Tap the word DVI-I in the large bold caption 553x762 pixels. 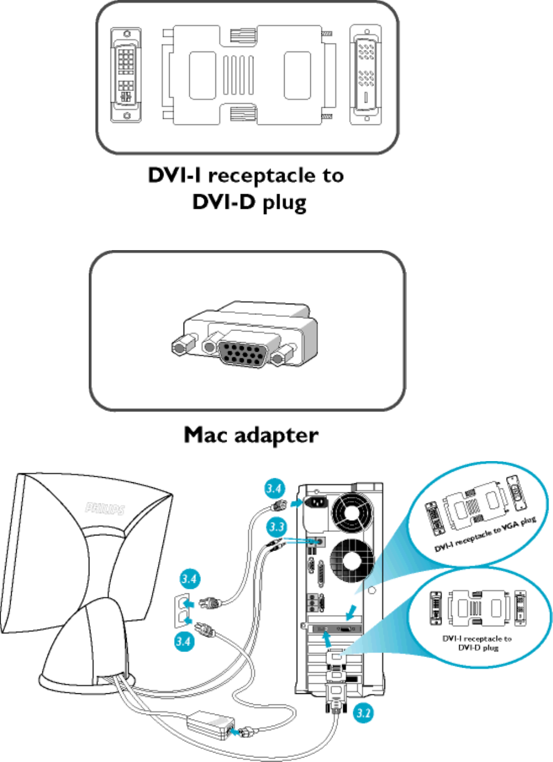pos(174,175)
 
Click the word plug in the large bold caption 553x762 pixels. pos(284,202)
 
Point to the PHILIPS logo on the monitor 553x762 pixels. pos(105,508)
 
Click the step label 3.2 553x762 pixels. pos(363,713)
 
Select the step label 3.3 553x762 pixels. pos(276,526)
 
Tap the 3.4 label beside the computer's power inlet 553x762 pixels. pos(274,489)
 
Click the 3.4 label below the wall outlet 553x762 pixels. pos(183,641)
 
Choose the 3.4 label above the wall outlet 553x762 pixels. pos(189,578)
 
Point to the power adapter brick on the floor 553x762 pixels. pos(209,724)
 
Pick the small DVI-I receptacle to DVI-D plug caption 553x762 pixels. pos(477,643)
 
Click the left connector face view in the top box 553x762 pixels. pos(126,75)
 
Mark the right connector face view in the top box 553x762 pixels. pos(366,75)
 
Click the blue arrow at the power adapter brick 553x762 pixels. pos(239,731)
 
